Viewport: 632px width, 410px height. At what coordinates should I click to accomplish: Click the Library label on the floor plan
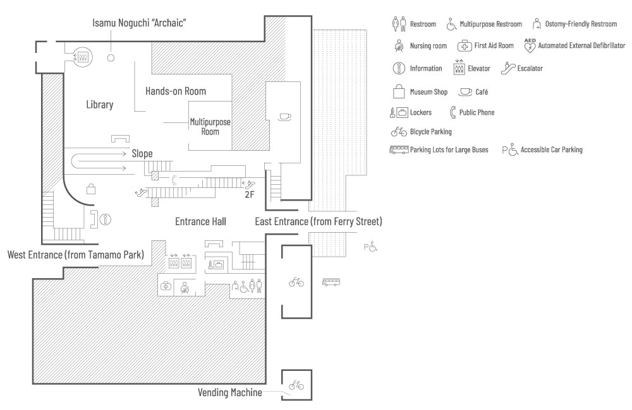100,105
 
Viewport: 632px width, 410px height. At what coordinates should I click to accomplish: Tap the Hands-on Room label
176,91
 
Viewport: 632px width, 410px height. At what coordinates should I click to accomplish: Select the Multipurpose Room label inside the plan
210,126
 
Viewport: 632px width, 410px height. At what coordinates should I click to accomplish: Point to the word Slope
142,153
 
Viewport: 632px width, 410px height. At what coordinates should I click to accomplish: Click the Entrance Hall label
200,221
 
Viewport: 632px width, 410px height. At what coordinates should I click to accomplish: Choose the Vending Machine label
230,392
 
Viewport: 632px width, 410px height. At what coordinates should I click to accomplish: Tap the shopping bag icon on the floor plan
90,188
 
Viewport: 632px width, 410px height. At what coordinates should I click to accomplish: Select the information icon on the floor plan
106,220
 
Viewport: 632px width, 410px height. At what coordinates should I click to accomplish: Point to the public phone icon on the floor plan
174,179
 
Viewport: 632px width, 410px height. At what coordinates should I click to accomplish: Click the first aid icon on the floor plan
166,286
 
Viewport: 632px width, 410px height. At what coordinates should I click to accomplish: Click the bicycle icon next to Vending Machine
296,385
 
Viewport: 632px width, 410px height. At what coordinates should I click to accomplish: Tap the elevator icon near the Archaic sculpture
82,56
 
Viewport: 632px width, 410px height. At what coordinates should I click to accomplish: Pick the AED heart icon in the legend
530,45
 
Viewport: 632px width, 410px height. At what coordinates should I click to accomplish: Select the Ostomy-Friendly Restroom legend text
581,25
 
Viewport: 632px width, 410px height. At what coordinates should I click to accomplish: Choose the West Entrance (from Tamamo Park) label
75,255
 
